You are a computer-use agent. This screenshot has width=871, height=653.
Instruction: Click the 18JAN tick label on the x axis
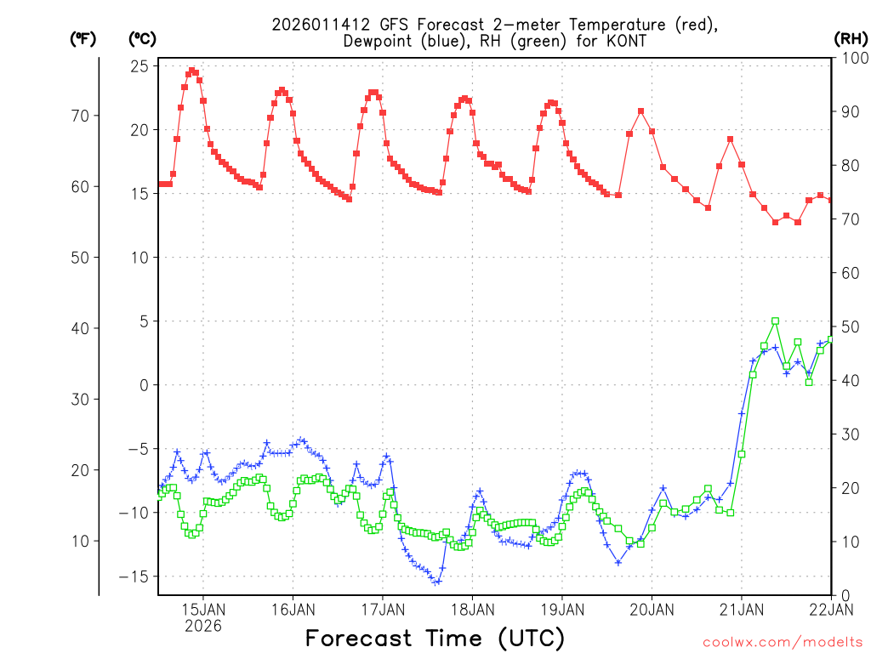[x=472, y=609]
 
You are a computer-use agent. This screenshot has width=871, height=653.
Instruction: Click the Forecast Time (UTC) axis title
[x=435, y=638]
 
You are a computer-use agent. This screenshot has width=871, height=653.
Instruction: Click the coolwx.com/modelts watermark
[x=782, y=642]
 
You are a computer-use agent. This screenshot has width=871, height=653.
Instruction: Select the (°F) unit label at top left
[x=83, y=38]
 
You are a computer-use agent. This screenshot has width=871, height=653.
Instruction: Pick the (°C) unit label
[x=142, y=38]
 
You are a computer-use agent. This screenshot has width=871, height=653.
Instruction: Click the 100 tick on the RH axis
[x=851, y=58]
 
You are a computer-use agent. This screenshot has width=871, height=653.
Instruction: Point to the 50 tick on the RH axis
[x=847, y=326]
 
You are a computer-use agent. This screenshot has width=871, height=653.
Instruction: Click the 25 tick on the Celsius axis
[x=140, y=66]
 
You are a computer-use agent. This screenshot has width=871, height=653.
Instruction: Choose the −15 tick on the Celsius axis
[x=135, y=576]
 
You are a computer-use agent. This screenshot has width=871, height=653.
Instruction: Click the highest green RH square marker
[x=775, y=321]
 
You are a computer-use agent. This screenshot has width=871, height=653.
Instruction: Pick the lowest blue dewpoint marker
[x=436, y=582]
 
